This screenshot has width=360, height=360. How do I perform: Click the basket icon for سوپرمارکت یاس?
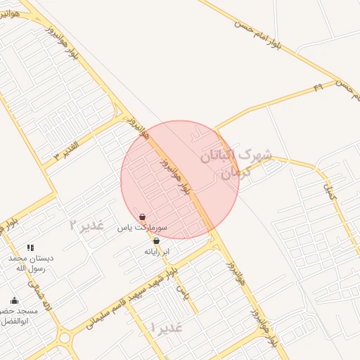coord(143,217)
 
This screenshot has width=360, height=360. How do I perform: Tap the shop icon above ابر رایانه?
coord(155,240)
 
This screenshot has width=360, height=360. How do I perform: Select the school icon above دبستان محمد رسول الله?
coord(30,247)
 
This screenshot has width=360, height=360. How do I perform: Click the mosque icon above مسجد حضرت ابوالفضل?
coord(14,301)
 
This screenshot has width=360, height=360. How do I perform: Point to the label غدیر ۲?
coord(87,225)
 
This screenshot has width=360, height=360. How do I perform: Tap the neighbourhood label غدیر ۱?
coord(167,327)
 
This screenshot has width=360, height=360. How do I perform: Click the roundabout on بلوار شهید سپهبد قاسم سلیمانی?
coord(65,338)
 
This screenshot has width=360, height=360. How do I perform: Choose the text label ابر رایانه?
coord(157,251)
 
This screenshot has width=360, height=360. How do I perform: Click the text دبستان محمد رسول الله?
coord(31,263)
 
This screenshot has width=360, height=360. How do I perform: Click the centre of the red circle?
coord(180,179)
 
